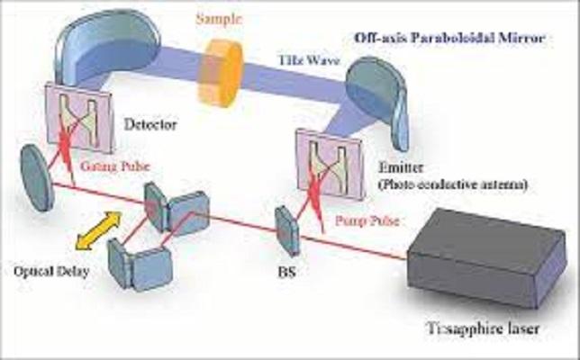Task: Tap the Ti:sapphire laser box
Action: (486, 257)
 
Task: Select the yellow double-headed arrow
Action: (98, 229)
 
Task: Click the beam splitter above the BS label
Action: (286, 230)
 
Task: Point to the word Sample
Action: (219, 19)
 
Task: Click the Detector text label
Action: (150, 124)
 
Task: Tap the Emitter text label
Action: (400, 167)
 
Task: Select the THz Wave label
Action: (309, 59)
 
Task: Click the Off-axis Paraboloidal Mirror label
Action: (449, 38)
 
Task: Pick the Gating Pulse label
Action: (115, 166)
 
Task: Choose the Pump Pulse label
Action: (367, 220)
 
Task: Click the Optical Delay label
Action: (51, 272)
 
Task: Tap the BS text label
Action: (287, 272)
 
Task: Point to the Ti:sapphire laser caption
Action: (483, 328)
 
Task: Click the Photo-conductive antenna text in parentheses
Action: (453, 184)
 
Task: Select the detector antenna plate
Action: (78, 118)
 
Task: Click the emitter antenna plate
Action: (330, 164)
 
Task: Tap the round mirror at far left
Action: (37, 178)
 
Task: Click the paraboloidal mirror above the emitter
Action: (377, 100)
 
